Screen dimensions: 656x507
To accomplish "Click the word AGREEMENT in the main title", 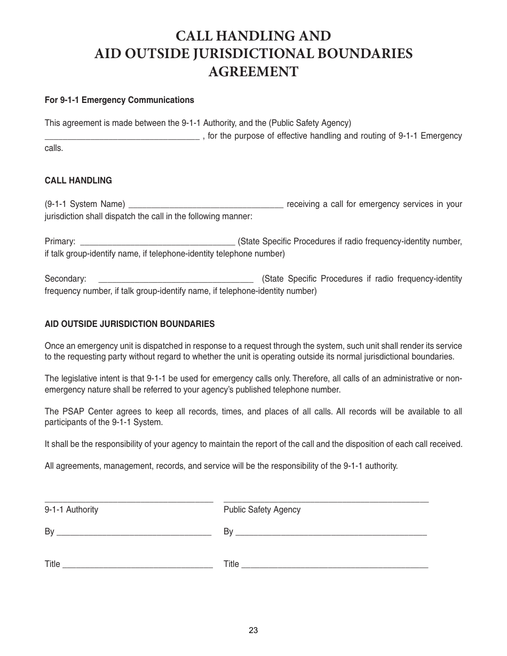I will tap(253, 71).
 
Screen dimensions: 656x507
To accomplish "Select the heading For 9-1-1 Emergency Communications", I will tap(120, 100).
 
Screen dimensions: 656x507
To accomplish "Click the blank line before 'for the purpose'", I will tap(122, 137).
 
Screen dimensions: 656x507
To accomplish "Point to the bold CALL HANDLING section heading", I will tap(78, 180).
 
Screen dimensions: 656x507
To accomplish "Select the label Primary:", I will tap(60, 242).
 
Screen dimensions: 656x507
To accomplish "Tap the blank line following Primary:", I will tap(157, 243).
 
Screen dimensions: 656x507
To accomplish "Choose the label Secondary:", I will tap(65, 279).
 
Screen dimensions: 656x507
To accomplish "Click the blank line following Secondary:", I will tap(176, 280).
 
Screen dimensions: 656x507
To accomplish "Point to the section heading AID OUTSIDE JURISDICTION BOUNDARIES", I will tap(130, 324).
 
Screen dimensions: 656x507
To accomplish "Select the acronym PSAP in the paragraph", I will tap(70, 411).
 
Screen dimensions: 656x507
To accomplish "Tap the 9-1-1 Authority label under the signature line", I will tap(72, 509).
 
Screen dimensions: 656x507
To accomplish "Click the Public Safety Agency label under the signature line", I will tap(262, 509).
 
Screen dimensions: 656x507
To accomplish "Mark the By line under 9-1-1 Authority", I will tap(133, 533).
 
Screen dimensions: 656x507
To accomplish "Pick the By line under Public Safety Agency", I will tap(330, 533).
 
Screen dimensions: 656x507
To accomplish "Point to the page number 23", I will tap(253, 630).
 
